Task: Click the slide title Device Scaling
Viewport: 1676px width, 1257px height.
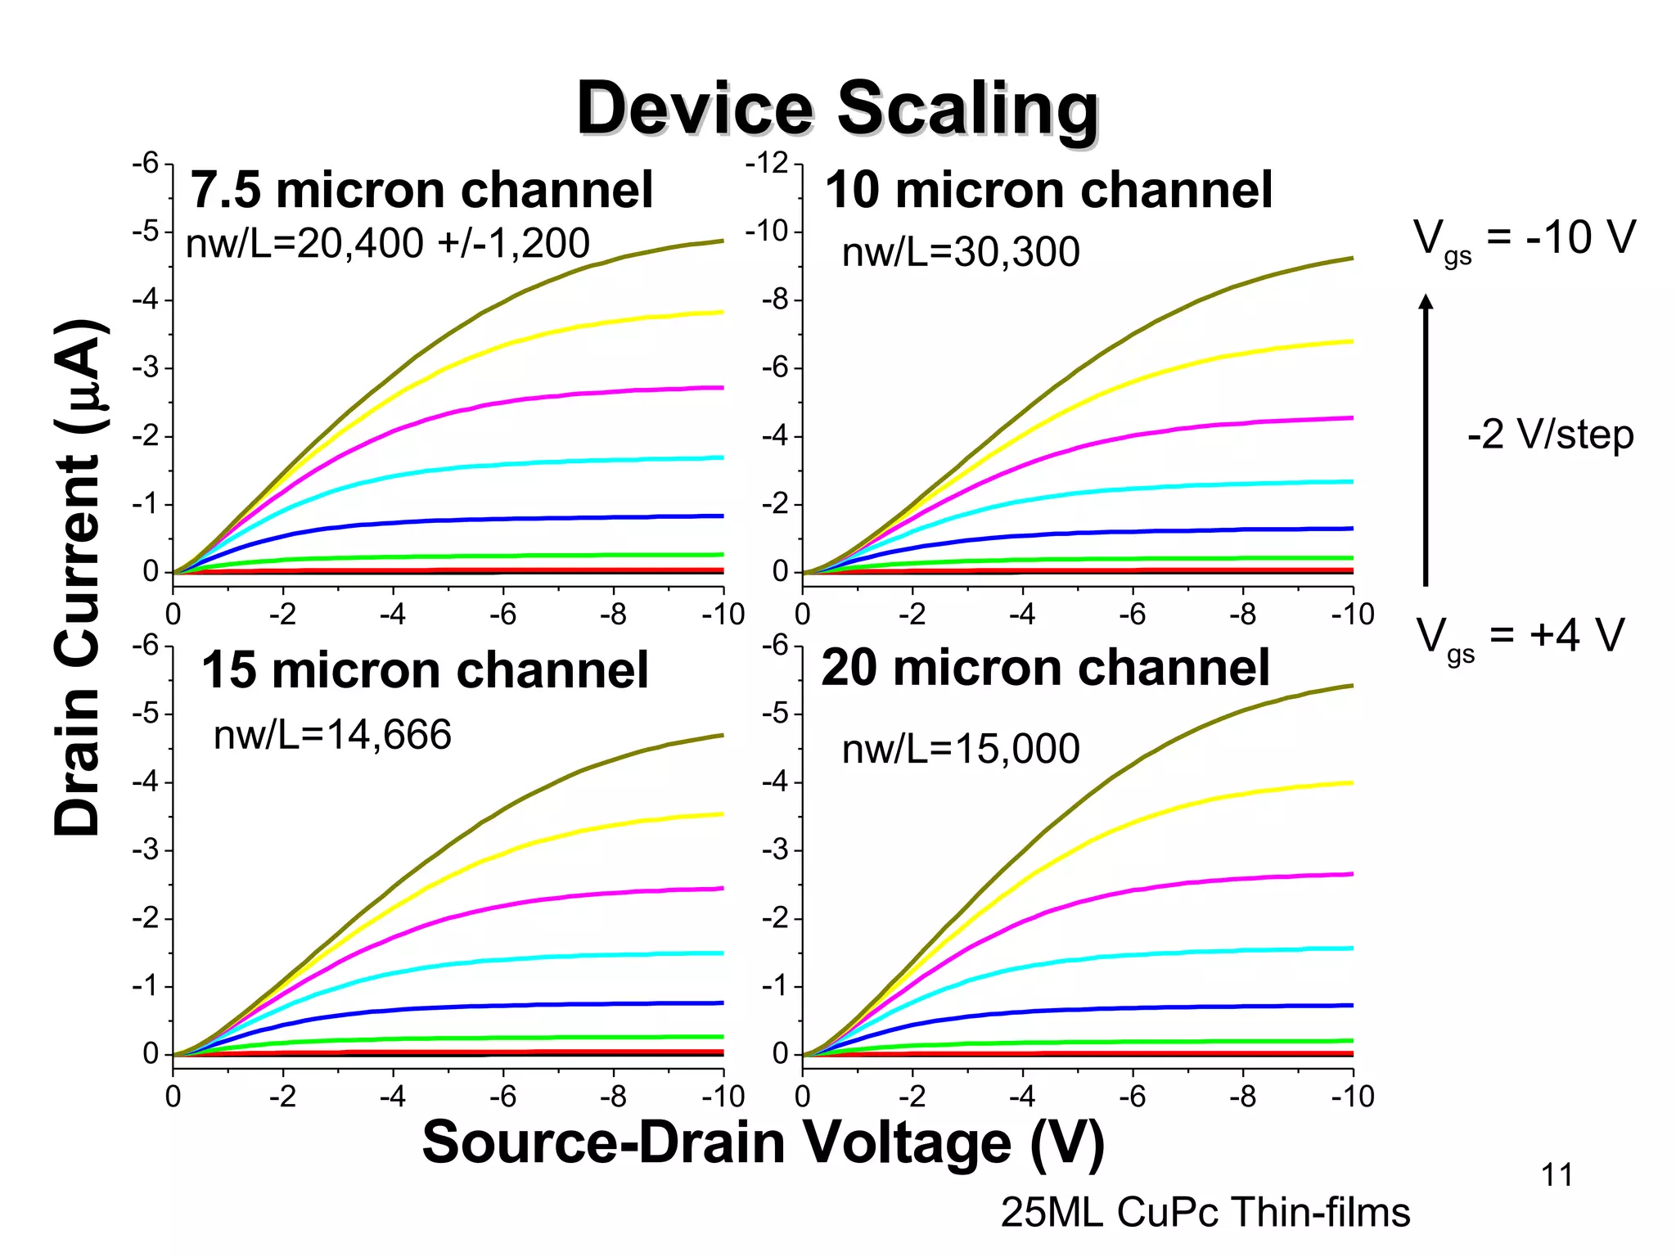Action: [837, 109]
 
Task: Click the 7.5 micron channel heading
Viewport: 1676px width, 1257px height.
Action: [421, 191]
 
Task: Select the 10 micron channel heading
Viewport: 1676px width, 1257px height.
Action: [1048, 191]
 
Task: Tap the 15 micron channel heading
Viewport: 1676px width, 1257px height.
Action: [425, 671]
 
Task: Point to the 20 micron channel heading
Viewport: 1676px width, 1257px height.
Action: [1045, 669]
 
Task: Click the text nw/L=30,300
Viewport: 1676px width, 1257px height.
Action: [961, 252]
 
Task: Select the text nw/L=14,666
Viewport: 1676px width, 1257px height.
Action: [332, 734]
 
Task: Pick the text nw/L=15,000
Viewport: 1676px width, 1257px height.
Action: [961, 749]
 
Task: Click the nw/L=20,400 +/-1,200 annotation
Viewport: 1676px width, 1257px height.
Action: [388, 243]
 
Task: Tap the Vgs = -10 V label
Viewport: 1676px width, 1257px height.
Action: [1524, 240]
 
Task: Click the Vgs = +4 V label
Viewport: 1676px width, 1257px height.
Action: [1520, 637]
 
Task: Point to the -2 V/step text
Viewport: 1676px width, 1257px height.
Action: [1550, 435]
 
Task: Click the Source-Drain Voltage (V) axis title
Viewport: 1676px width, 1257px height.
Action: [763, 1142]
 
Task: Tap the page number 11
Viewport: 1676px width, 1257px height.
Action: [1557, 1175]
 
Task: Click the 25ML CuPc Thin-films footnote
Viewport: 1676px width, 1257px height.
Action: [1205, 1213]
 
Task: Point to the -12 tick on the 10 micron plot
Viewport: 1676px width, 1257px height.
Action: [766, 163]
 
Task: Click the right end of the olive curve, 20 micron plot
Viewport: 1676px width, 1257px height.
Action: [1350, 686]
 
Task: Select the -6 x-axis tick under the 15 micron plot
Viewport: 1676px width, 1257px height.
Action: [502, 1097]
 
